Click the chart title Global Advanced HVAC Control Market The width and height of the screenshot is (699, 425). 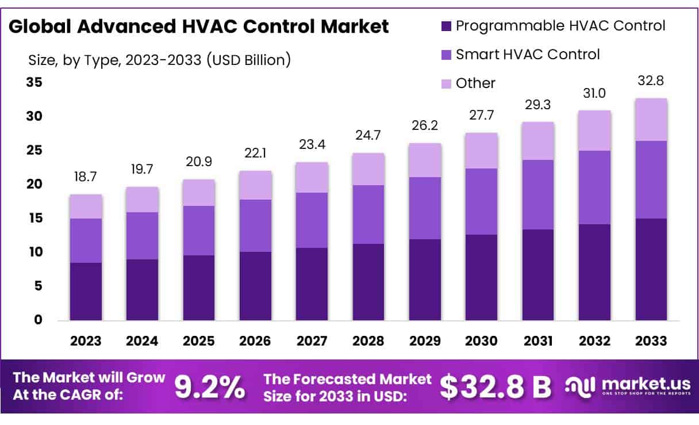click(199, 26)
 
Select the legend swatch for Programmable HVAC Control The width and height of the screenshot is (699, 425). click(446, 26)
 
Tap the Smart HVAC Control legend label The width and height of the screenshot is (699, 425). click(527, 54)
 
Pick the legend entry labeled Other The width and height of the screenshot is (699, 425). click(475, 83)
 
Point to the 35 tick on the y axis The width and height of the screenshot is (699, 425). click(34, 82)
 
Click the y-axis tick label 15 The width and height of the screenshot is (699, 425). click(34, 218)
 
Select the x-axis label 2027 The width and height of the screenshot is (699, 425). click(312, 341)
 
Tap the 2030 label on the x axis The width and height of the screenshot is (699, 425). click(481, 341)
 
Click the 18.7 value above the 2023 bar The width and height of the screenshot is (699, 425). click(86, 177)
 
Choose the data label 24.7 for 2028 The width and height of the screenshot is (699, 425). click(368, 136)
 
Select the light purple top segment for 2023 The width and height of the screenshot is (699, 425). click(86, 206)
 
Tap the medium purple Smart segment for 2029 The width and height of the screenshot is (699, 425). click(425, 208)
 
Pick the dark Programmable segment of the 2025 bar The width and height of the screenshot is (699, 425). click(199, 288)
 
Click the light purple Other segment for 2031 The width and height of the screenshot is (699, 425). click(538, 141)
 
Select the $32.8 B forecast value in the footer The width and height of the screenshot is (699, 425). click(496, 388)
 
